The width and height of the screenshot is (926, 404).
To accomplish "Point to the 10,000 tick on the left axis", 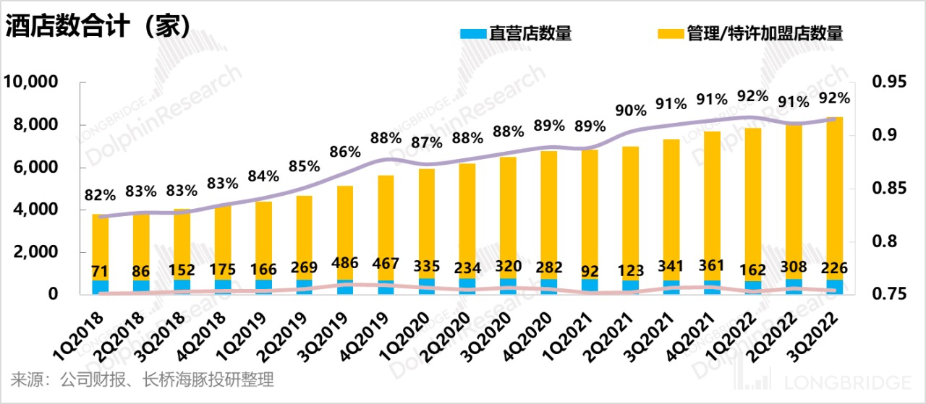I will coord(32,82).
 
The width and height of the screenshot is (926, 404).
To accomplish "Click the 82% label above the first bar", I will coord(100,194).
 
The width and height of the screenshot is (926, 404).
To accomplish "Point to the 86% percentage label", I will coord(344,152).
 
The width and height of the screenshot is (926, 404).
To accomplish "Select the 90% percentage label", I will coord(630,110).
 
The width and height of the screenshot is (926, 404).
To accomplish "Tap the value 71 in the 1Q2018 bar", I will coord(100,272).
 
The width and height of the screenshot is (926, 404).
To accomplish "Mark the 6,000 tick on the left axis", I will coord(32,168).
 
